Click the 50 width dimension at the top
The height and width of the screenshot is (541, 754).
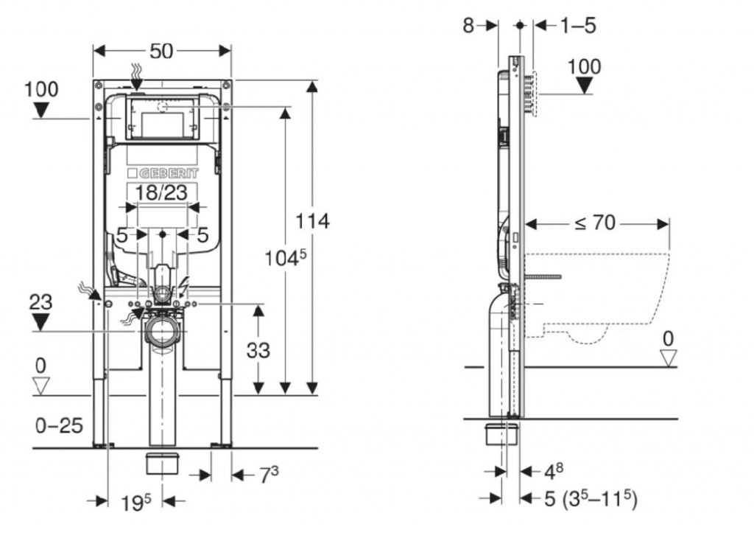pyautogui.click(x=161, y=51)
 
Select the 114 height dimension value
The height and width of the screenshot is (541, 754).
pyautogui.click(x=312, y=220)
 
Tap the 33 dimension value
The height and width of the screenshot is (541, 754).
pyautogui.click(x=258, y=350)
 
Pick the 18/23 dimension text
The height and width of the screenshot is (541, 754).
pyautogui.click(x=163, y=193)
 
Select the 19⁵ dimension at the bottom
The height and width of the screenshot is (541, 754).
pyautogui.click(x=136, y=502)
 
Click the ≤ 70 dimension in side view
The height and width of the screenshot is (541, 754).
pyautogui.click(x=594, y=222)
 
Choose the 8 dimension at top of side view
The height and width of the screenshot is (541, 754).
pyautogui.click(x=468, y=25)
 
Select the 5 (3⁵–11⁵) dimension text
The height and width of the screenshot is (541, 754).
pyautogui.click(x=590, y=500)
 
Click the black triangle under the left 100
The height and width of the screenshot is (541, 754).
pyautogui.click(x=40, y=111)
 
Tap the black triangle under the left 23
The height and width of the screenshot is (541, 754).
pyautogui.click(x=40, y=321)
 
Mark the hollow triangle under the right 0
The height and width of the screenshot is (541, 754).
pyautogui.click(x=668, y=358)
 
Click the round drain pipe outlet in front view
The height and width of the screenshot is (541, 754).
pyautogui.click(x=162, y=329)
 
